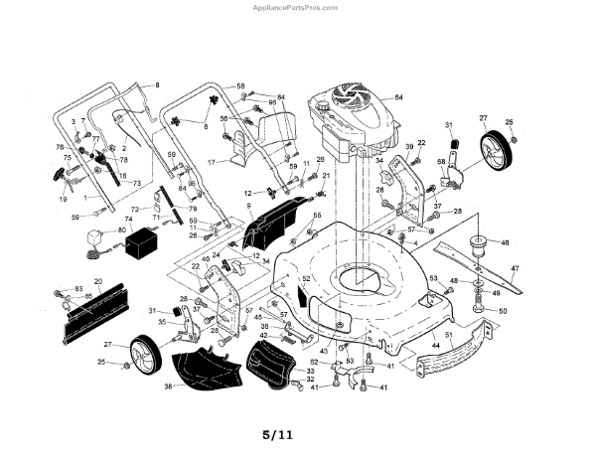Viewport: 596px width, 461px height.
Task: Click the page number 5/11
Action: coord(278,434)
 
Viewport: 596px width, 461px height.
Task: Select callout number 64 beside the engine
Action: coord(398,97)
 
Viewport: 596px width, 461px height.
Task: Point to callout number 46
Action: coord(505,241)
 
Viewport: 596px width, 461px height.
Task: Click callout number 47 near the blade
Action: coord(515,269)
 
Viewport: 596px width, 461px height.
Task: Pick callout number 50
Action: coord(503,311)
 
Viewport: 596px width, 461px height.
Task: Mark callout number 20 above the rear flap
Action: coord(97,282)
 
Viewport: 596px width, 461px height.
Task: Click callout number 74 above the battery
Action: coord(128,219)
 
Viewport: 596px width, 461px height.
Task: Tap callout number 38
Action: coord(168,385)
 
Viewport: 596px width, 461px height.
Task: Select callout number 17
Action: coord(212,161)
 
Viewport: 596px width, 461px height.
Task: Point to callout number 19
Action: coord(63,199)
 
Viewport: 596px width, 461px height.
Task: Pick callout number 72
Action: coord(134,210)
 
